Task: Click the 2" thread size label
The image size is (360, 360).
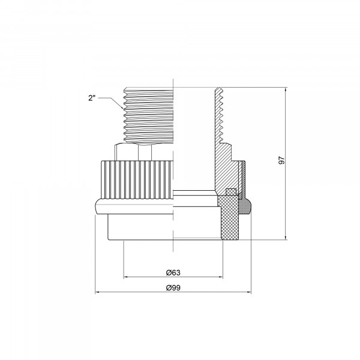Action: [x=92, y=98]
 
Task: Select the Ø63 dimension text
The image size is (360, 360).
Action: [x=173, y=273]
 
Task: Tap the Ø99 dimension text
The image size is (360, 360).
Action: [x=173, y=287]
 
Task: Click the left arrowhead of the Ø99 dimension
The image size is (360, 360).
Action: [x=97, y=292]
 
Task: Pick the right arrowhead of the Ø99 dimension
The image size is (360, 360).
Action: [x=249, y=292]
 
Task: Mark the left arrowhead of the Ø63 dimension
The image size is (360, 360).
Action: [x=126, y=277]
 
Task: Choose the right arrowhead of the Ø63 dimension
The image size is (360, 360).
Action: [x=221, y=277]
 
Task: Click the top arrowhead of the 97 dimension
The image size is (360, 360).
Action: [x=286, y=89]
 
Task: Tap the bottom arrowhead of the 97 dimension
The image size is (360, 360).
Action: [x=286, y=238]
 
